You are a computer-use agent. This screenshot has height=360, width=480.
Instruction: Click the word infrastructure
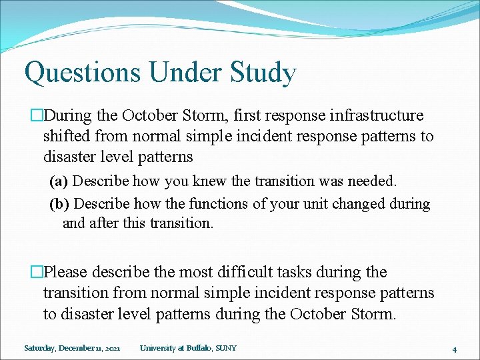pos(377,115)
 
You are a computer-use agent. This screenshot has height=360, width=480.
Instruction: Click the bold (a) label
pos(59,181)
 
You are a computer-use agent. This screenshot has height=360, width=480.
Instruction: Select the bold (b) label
pos(59,204)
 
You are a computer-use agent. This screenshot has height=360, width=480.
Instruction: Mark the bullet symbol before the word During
pos(37,116)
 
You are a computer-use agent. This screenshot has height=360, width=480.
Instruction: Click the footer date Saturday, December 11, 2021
pos(72,348)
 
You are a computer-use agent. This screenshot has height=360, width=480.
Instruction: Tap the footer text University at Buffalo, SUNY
pos(188,348)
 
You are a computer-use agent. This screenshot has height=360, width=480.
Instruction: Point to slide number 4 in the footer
pos(453,349)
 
